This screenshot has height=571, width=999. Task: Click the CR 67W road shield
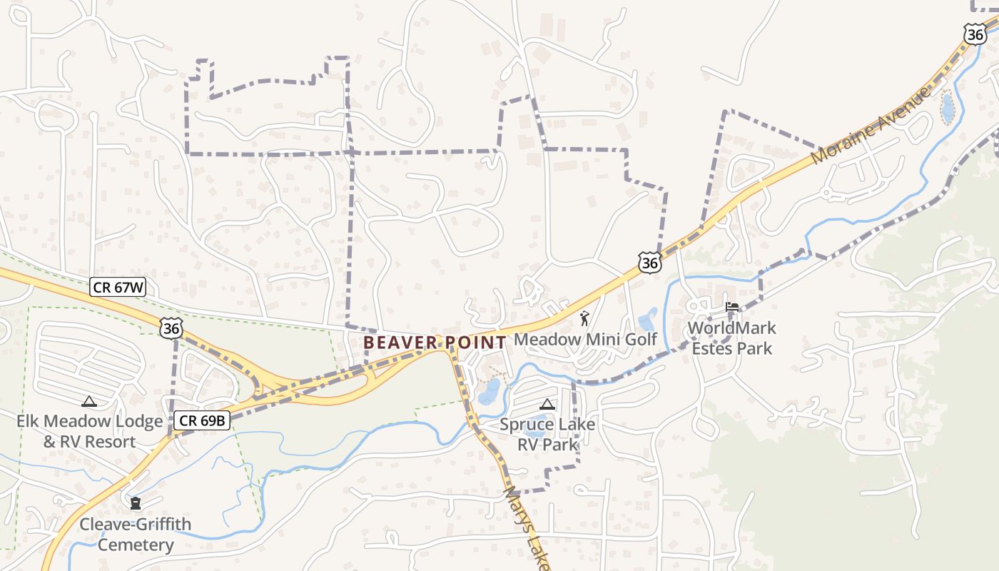[118, 288]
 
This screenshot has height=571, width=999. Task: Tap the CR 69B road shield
[202, 420]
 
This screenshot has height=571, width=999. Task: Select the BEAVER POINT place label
[435, 343]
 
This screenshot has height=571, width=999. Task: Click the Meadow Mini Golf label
[585, 339]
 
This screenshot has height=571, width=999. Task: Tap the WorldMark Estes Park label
[731, 338]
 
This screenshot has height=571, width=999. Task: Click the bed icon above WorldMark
[731, 308]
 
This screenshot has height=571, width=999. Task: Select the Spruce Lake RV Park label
[547, 435]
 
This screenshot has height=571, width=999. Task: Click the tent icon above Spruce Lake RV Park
[547, 404]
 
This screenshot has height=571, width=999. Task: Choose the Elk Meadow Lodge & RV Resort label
[90, 431]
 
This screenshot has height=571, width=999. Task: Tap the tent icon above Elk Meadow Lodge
[88, 401]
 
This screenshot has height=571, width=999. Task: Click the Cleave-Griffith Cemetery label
[136, 535]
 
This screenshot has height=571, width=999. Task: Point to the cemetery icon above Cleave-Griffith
[135, 503]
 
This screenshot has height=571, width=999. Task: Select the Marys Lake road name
[527, 528]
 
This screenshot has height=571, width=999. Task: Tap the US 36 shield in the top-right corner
[975, 34]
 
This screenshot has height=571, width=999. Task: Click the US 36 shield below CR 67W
[171, 328]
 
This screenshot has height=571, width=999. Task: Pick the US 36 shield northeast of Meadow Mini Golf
[649, 263]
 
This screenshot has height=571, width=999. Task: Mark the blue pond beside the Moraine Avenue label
[948, 109]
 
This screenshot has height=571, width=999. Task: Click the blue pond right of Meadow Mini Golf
[648, 319]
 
